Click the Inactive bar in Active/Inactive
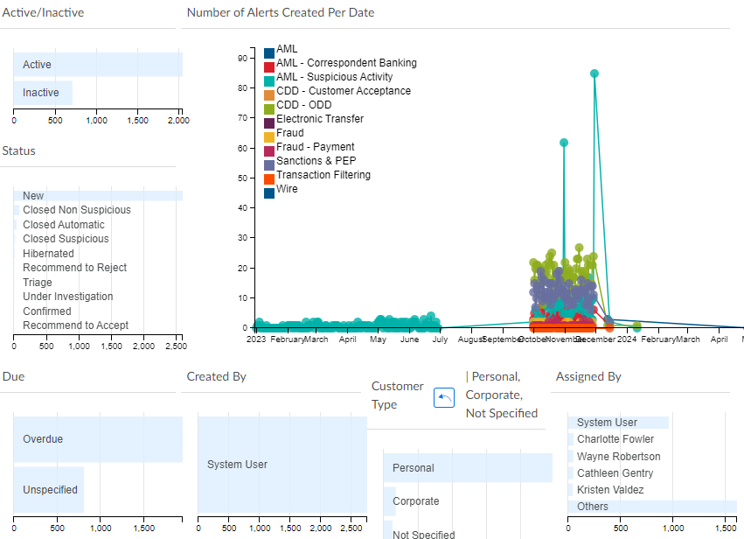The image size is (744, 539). point(42,93)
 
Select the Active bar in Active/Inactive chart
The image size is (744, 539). point(96,65)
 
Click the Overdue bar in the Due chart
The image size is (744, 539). point(97,439)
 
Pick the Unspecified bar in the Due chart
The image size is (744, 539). point(49,490)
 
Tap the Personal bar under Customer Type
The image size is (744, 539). point(468,468)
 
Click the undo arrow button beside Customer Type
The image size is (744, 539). point(444,398)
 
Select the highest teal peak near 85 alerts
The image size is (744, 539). point(595,74)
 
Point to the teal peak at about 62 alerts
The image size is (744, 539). point(564,143)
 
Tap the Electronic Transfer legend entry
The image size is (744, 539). point(319,119)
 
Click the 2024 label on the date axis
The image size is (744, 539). point(626,339)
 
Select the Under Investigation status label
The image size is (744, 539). point(67,297)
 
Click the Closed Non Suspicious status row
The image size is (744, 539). point(76,210)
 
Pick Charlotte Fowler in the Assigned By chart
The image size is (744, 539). point(615,439)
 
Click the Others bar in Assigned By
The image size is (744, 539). point(651,507)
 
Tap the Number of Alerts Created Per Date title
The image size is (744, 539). point(281,12)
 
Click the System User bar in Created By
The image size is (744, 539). point(282,465)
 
